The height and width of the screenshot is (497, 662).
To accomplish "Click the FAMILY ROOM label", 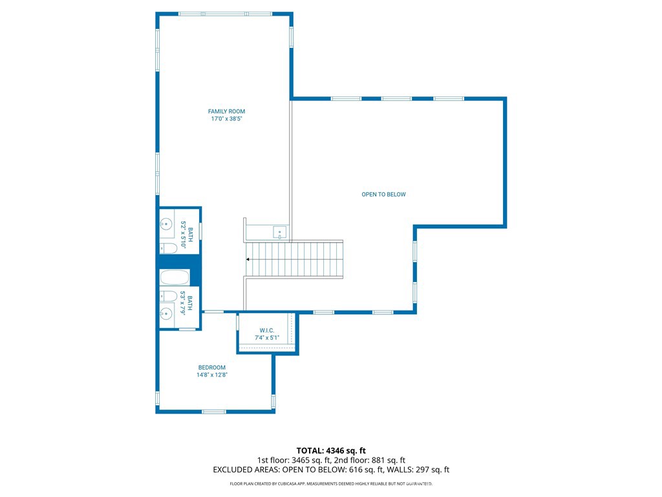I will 226,111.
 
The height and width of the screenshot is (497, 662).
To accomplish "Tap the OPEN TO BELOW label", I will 383,194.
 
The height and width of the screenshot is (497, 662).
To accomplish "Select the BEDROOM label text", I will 212,368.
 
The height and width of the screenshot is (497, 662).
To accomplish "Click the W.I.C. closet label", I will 267,330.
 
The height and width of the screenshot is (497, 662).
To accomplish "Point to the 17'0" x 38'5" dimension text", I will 226,119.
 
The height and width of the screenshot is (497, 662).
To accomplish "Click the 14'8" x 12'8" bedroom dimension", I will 212,375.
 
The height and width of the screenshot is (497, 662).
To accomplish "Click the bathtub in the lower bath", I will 175,278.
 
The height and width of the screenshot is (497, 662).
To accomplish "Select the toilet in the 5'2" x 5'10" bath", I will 168,248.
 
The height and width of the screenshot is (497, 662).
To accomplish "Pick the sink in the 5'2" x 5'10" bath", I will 167,225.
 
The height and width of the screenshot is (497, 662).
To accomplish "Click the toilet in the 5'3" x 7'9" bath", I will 168,296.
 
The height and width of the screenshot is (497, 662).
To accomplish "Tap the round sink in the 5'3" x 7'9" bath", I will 167,313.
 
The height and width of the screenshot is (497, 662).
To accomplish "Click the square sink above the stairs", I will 279,232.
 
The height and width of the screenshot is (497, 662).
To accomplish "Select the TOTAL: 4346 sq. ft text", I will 331,450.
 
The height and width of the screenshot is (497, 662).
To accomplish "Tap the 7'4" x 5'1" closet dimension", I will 267,338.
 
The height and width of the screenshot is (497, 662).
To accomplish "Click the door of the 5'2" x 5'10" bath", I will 201,230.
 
